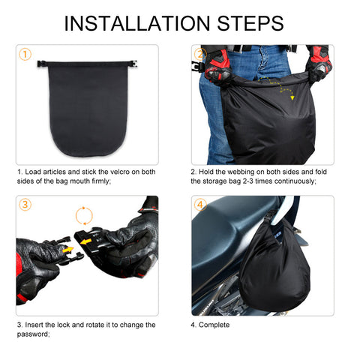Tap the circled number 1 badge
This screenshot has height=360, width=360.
tap(25, 55)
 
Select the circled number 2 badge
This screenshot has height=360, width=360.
tap(200, 55)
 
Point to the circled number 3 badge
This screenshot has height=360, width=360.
tap(25, 205)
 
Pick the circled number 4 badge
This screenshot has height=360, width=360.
tap(200, 205)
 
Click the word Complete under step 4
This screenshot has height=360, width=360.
tap(215, 325)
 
